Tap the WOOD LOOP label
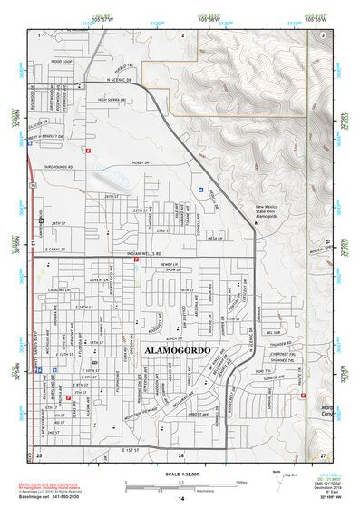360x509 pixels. (x=62, y=62)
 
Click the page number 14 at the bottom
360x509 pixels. (x=180, y=499)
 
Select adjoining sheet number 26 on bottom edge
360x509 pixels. (x=180, y=455)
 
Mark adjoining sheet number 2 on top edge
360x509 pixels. (x=182, y=34)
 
